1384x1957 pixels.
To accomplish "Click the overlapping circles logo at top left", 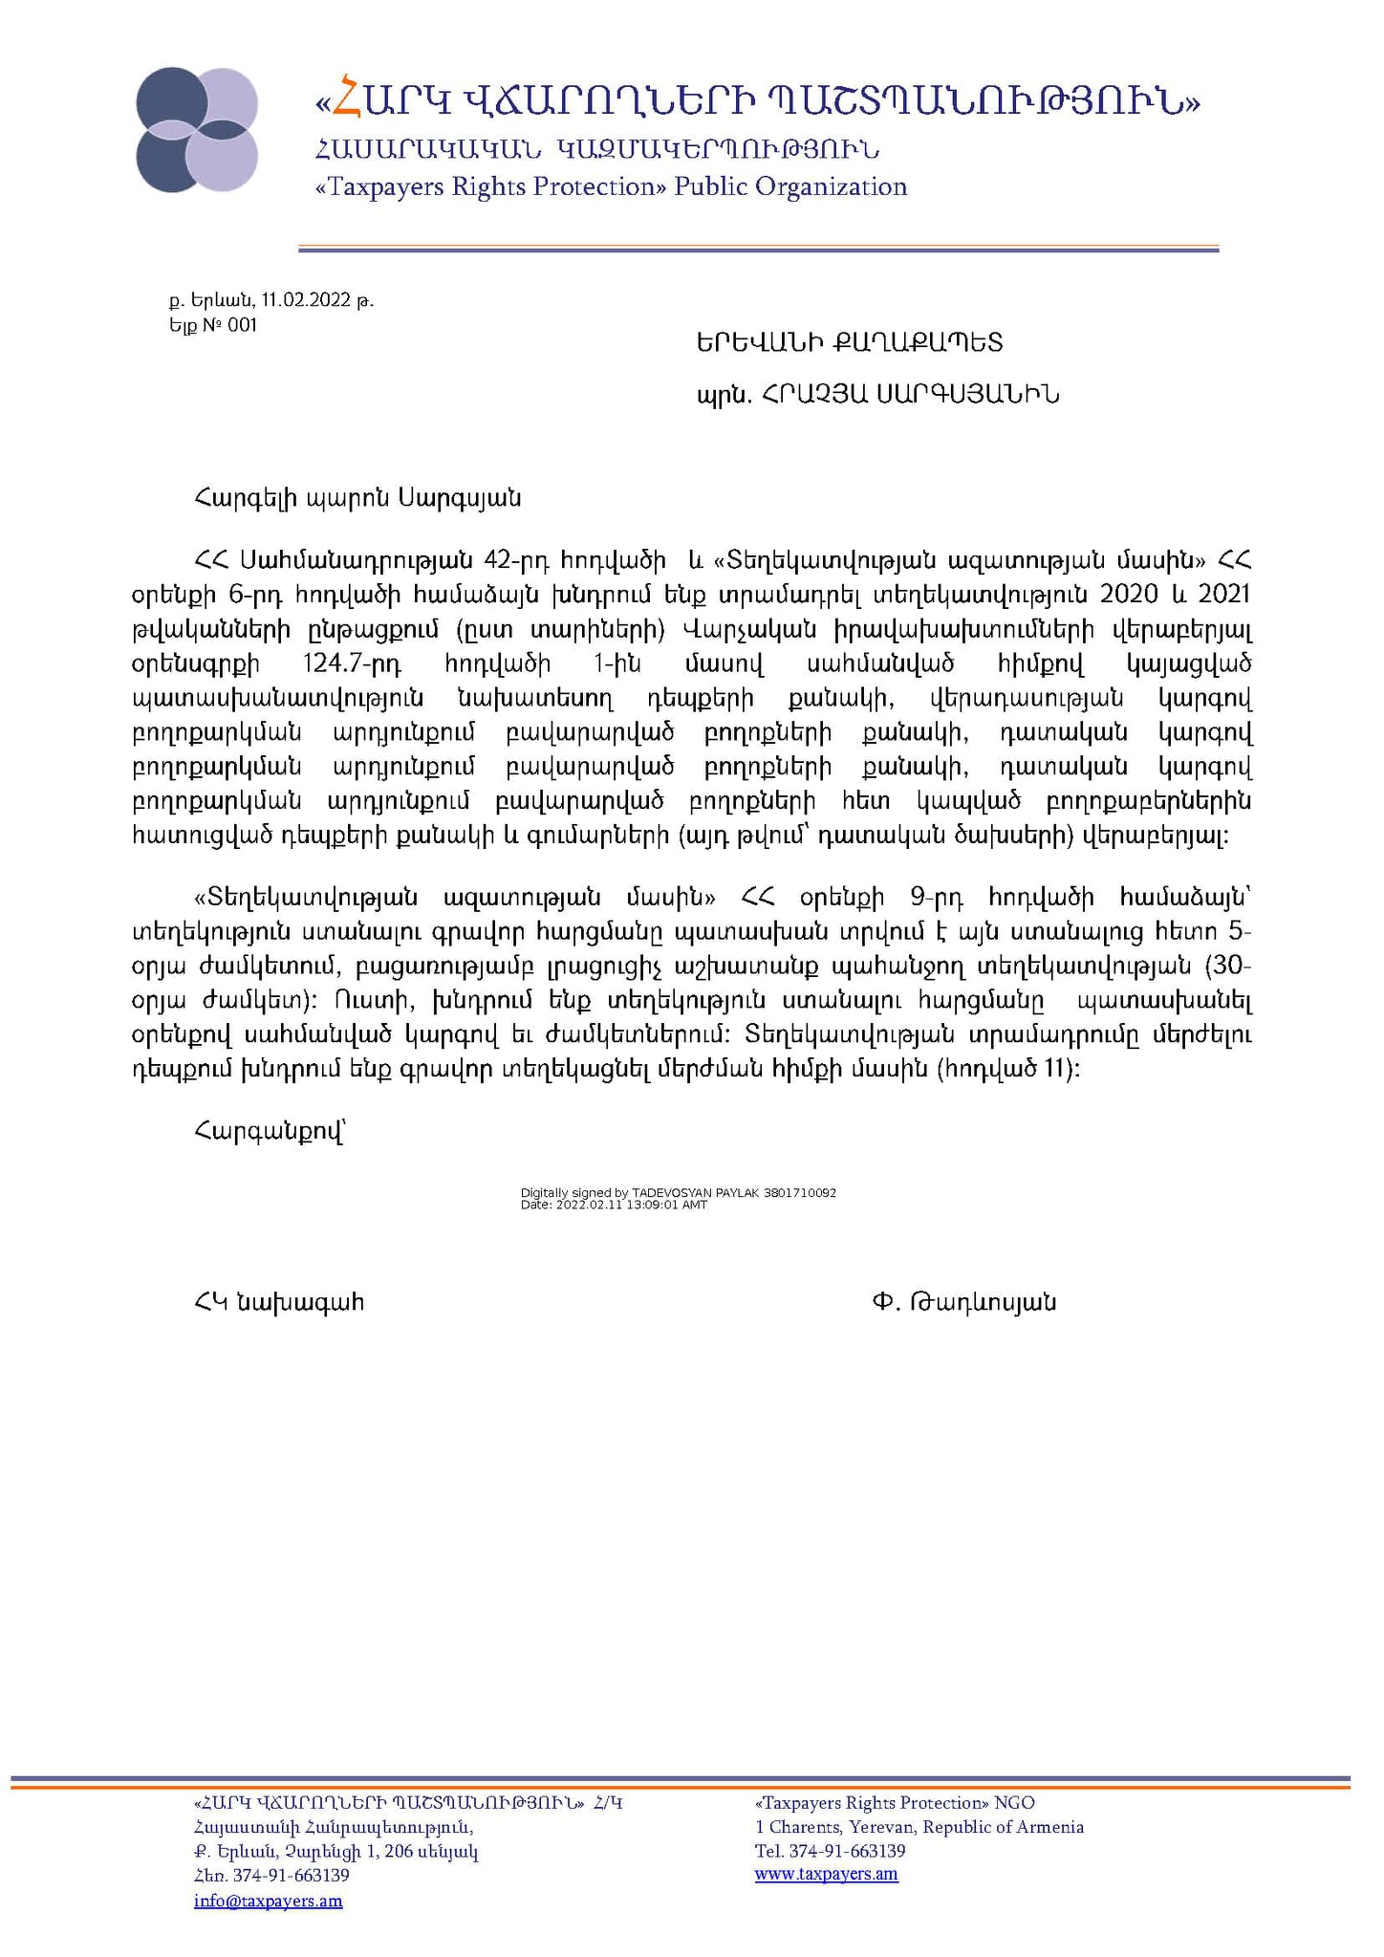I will tap(197, 130).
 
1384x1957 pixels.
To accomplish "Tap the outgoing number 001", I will tap(243, 325).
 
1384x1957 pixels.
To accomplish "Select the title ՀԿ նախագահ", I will tap(278, 1302).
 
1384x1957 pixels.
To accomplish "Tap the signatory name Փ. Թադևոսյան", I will tap(963, 1302).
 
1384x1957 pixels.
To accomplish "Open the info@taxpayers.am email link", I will tap(268, 1901).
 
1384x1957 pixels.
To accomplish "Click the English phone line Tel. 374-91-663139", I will tap(830, 1851).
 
